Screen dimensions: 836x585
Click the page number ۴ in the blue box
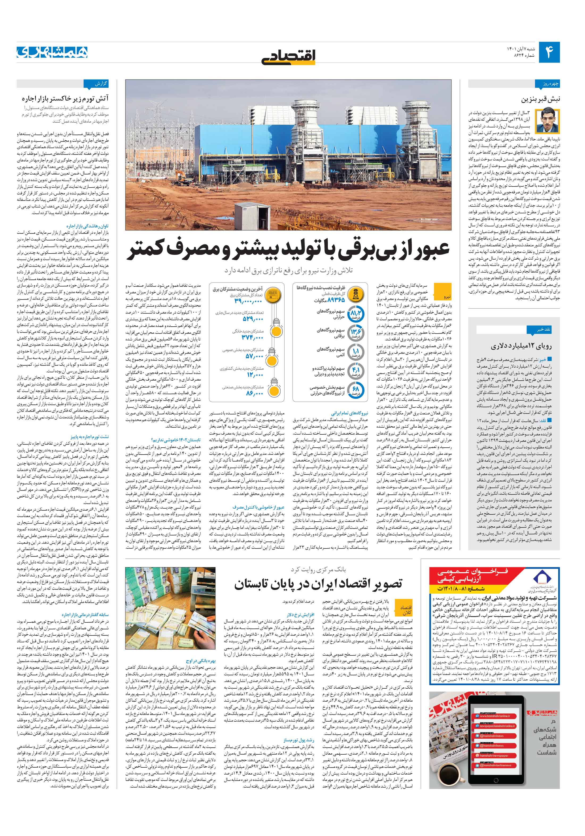point(549,52)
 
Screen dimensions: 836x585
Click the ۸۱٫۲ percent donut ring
point(355,314)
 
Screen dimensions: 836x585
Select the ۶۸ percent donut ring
point(355,390)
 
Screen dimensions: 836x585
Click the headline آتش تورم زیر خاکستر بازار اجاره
point(65,99)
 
